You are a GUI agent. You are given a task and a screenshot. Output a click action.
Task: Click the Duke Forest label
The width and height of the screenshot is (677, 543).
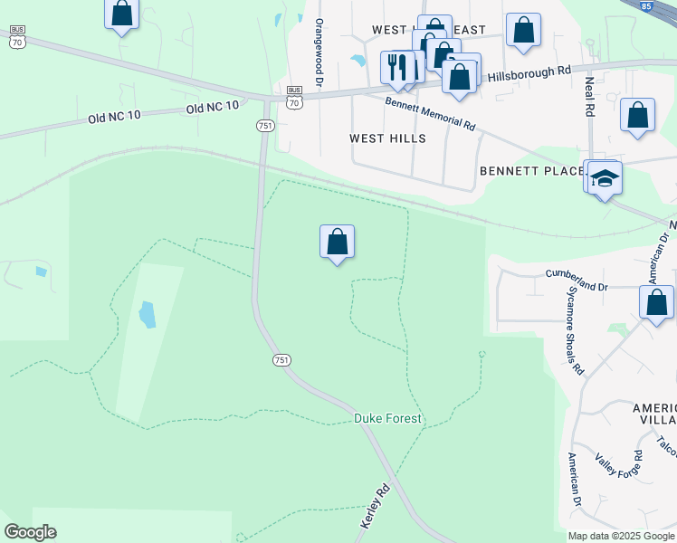(387, 419)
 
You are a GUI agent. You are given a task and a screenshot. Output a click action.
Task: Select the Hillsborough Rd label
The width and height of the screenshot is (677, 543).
(529, 73)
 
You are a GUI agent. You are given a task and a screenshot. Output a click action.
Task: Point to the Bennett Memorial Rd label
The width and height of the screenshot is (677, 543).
(430, 113)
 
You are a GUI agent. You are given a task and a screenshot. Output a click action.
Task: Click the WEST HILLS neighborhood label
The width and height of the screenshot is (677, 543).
(387, 139)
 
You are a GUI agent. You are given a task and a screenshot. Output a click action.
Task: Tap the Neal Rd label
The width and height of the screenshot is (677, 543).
(590, 95)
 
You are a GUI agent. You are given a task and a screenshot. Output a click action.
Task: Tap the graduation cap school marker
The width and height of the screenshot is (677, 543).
(605, 179)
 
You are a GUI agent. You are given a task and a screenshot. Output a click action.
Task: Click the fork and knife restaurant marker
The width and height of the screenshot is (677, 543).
(396, 66)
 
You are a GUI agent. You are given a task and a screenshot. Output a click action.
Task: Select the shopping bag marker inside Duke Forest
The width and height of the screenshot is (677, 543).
(337, 243)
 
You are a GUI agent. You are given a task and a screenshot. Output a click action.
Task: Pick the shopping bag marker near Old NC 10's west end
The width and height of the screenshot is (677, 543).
(122, 14)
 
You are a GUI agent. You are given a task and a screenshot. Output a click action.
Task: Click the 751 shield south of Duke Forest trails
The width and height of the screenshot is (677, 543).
(282, 359)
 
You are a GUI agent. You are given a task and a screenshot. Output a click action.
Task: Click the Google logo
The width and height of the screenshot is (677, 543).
(30, 532)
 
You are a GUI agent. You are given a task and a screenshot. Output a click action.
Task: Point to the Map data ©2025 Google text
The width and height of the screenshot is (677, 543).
(621, 536)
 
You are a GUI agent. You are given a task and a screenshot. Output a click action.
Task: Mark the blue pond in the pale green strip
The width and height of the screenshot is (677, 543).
(147, 315)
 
